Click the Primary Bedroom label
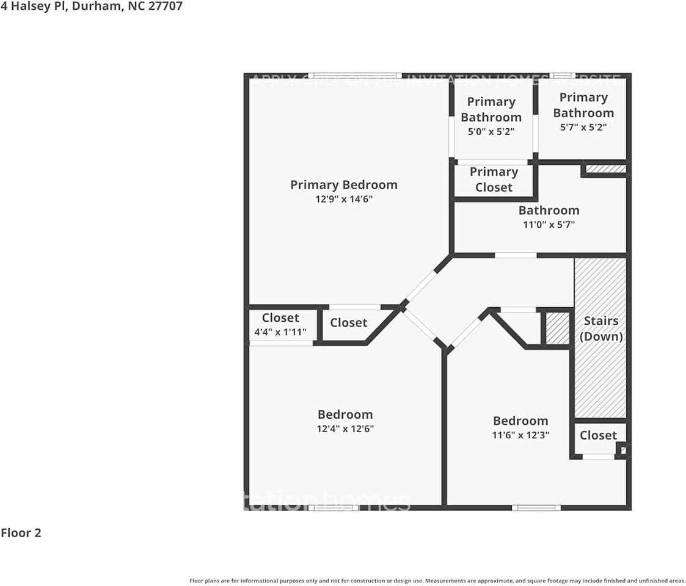point(343,184)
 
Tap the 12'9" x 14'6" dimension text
point(343,200)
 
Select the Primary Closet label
point(494,179)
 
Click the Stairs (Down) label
point(600,328)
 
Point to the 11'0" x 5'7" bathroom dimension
point(548,225)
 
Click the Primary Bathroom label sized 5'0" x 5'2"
point(491,109)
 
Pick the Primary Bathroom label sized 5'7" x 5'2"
point(583,105)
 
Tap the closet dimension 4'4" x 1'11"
point(280,331)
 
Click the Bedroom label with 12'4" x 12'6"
point(345,414)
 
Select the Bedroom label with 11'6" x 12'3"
point(520,421)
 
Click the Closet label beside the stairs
point(598,435)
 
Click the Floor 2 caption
point(21,533)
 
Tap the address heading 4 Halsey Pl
point(91,7)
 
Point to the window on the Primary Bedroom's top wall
point(354,76)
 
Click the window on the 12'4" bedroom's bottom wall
point(333,507)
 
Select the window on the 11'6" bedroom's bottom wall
point(536,507)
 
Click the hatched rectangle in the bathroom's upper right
point(605,168)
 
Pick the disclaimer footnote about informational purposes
point(437,581)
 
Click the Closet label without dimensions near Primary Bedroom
point(349,322)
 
